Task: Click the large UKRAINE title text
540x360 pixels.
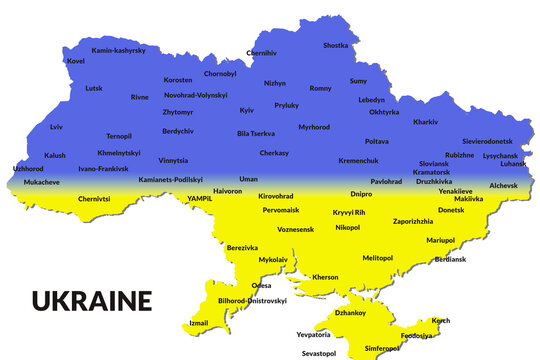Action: pos(91,300)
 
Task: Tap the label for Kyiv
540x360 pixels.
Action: pos(247,110)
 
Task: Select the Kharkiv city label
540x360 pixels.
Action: pos(425,122)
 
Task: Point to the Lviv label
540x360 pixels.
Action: pos(56,127)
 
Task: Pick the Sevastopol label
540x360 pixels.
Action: pos(319,353)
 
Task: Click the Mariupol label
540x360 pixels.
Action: pos(440,240)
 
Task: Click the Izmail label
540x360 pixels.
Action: pos(200,322)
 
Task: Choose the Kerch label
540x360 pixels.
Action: pos(440,320)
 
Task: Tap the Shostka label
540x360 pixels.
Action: pos(336,45)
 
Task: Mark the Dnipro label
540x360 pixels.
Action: pos(361,193)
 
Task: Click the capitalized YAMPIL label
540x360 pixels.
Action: pos(200,198)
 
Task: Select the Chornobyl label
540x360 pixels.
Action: pos(220,73)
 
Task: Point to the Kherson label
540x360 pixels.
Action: pos(325,277)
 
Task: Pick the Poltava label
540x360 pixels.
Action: pos(376,142)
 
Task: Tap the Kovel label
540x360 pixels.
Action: pos(76,60)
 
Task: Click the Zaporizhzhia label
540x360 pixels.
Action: pos(413,220)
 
